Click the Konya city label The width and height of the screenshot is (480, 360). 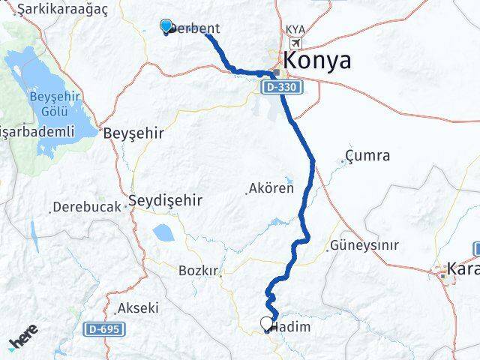316,61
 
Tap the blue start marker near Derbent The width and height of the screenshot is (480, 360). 166,26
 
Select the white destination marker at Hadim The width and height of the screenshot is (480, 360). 266,324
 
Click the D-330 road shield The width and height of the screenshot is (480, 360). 282,88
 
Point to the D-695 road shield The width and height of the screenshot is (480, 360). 104,328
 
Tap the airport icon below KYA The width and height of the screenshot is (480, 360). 295,43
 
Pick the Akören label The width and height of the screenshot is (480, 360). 272,188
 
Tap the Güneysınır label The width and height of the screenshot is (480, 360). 367,245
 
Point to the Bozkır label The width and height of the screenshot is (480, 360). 198,270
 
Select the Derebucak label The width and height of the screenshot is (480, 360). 88,205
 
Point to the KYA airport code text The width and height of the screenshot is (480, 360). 295,30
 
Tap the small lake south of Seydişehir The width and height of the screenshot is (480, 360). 163,232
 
